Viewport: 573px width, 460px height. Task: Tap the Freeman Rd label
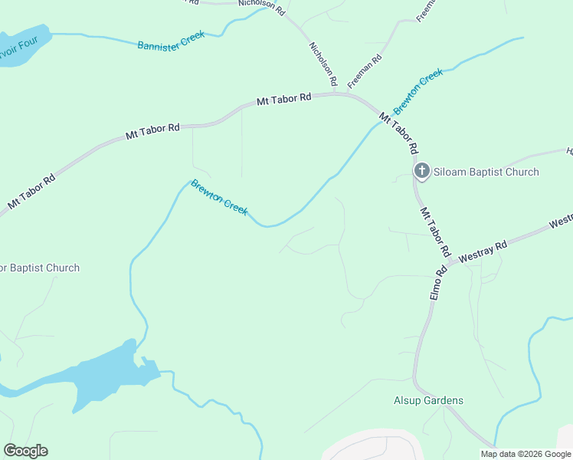tap(365, 71)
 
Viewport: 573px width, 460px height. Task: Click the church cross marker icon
tap(421, 171)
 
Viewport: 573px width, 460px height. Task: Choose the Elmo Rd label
tap(437, 282)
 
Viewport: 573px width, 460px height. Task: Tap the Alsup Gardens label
tap(428, 400)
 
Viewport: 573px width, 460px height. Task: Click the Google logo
tap(25, 451)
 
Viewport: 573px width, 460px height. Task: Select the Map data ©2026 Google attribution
tap(526, 454)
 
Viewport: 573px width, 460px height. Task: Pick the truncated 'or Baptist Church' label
tap(39, 268)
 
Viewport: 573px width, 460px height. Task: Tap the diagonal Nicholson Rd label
tap(323, 64)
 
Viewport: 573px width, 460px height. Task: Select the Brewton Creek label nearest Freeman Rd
tap(418, 91)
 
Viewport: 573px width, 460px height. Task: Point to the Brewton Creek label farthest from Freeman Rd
tap(219, 197)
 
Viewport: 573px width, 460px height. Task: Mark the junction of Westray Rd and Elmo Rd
tap(448, 263)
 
